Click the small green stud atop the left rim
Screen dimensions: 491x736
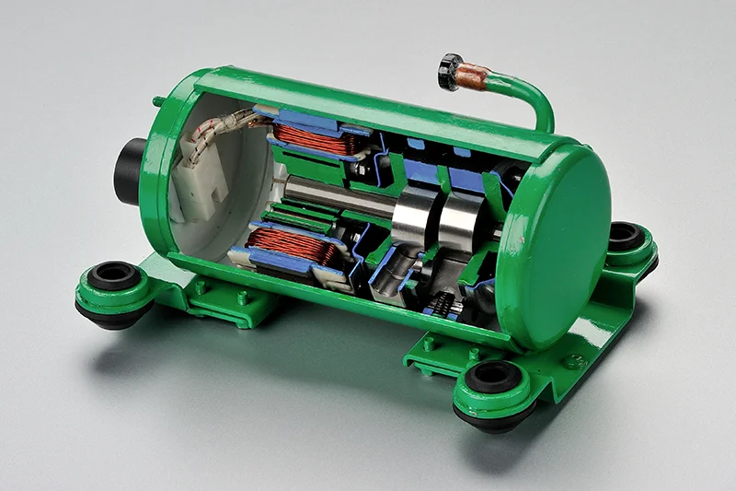pyautogui.click(x=159, y=100)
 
